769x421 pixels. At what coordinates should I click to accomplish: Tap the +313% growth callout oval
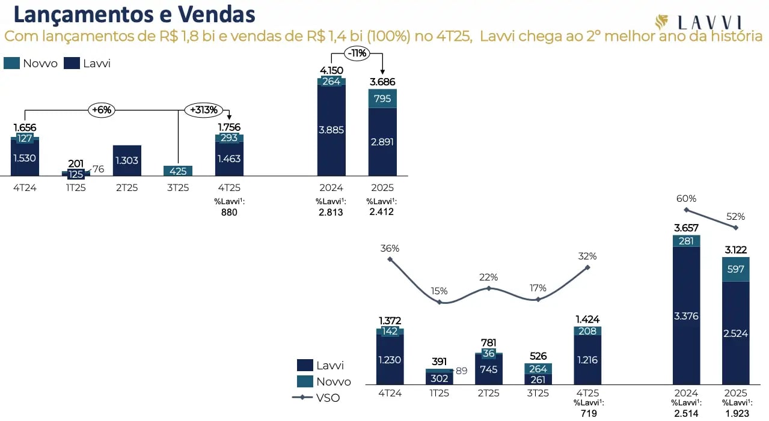click(203, 110)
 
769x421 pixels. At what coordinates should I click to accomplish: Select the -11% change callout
click(357, 53)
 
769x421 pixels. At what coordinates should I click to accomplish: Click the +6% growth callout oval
click(102, 110)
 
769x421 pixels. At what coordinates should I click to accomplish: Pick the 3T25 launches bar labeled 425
click(178, 171)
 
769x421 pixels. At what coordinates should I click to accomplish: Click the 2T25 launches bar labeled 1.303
click(127, 160)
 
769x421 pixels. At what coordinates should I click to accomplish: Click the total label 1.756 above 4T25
click(229, 127)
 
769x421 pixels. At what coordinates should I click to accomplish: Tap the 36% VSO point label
click(390, 248)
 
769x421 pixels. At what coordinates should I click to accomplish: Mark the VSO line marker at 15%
click(440, 302)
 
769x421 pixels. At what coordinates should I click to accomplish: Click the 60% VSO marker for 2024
click(686, 210)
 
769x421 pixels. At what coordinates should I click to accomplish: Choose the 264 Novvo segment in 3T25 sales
click(538, 369)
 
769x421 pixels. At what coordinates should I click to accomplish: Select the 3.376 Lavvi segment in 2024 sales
click(686, 315)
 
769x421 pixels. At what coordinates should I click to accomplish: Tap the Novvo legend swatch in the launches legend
click(12, 63)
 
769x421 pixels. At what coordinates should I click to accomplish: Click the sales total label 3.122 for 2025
click(735, 250)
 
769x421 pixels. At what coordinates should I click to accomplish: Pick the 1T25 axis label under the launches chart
click(76, 188)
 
